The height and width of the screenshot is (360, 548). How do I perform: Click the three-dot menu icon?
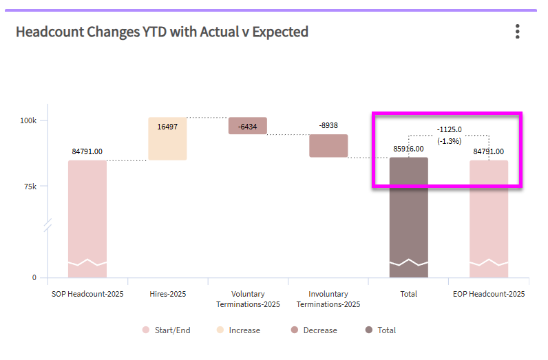tap(517, 32)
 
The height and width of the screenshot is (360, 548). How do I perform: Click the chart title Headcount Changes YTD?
tap(162, 32)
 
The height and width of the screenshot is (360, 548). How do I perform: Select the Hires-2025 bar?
tap(167, 138)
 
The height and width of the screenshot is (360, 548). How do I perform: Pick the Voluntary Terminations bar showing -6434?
tap(247, 126)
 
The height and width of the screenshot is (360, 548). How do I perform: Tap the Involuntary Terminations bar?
tap(328, 145)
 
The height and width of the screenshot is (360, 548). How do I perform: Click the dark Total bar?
tap(408, 217)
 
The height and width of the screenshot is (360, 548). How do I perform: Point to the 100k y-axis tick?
tap(28, 120)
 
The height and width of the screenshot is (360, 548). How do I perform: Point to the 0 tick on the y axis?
tap(34, 278)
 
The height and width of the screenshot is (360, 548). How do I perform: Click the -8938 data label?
tap(328, 126)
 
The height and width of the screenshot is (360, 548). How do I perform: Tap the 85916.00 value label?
tap(408, 149)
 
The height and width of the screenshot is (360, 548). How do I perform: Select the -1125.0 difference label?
tap(449, 129)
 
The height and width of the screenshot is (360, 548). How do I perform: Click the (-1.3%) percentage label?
tap(449, 140)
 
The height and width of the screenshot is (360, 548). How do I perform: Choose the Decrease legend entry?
tap(314, 330)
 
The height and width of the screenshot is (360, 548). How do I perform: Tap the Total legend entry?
tap(381, 330)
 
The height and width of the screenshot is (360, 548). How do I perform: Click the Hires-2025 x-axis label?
tap(167, 294)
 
